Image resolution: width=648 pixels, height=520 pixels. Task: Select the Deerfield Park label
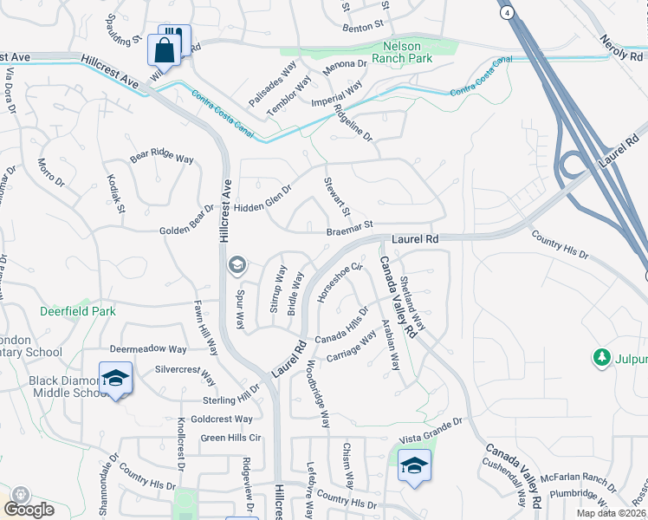(76, 310)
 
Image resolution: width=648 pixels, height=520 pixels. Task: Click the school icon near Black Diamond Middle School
(115, 378)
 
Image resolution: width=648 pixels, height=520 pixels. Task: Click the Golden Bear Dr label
(186, 222)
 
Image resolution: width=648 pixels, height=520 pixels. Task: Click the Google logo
(29, 509)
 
